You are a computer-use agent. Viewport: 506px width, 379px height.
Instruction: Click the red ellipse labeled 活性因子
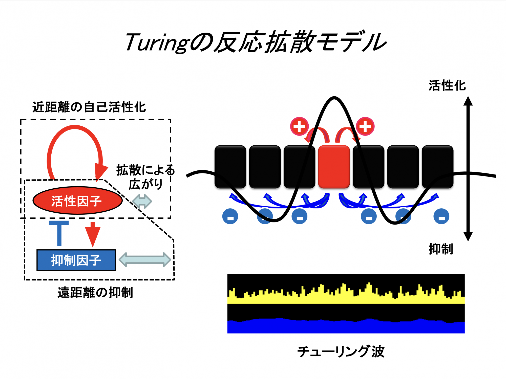77,201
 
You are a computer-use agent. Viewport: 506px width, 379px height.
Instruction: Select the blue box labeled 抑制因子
76,260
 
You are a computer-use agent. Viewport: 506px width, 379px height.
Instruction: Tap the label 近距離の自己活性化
89,107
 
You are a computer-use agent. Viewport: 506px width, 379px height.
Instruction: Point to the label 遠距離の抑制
95,293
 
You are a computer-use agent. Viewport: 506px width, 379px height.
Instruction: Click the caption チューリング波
341,351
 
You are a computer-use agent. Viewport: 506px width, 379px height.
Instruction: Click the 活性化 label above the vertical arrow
447,85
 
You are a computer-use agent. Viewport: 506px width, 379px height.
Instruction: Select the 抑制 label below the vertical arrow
441,249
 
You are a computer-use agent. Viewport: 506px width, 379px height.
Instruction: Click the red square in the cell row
334,167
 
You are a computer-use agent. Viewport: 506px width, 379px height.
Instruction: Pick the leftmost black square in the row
230,167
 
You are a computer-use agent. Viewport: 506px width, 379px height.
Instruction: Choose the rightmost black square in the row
437,167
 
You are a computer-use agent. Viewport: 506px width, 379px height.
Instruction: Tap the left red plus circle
299,126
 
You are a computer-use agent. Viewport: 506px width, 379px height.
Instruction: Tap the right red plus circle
365,126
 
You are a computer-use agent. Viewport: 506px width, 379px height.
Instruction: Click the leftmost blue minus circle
230,216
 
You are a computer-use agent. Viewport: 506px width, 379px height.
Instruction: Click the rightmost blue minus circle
441,216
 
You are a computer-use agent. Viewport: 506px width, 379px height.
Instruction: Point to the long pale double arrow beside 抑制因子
145,260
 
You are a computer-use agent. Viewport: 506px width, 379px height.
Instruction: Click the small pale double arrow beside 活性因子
142,201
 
